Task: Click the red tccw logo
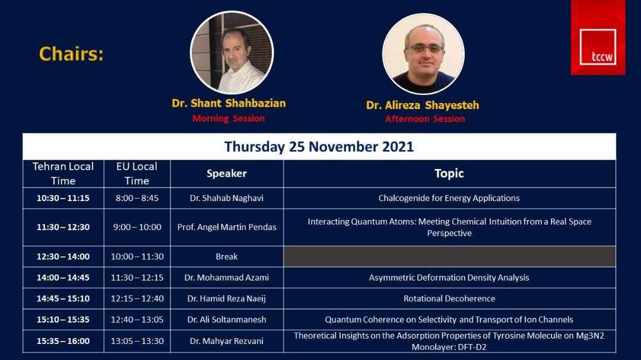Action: click(x=598, y=37)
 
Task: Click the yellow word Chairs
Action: click(x=72, y=54)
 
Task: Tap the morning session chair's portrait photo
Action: click(x=232, y=52)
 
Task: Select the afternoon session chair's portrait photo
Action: click(x=424, y=54)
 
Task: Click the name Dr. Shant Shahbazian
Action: click(x=229, y=103)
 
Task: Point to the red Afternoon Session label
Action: click(x=425, y=119)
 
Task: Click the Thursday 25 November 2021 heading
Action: click(x=319, y=146)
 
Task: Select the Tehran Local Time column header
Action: click(x=63, y=174)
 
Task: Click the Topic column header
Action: click(x=449, y=173)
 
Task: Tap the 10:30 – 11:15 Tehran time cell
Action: click(x=63, y=198)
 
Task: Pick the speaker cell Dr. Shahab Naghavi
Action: click(x=227, y=198)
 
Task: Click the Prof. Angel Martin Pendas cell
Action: click(x=227, y=227)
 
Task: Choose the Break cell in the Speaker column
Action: click(x=227, y=257)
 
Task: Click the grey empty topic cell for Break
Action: click(x=450, y=257)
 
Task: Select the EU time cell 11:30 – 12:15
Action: click(x=137, y=278)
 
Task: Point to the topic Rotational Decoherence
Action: click(x=449, y=299)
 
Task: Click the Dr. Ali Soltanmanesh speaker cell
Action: click(x=227, y=320)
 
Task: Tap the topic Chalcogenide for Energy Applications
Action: click(x=449, y=198)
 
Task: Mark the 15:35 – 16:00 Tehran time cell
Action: click(x=63, y=341)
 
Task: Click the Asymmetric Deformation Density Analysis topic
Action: click(x=449, y=278)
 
